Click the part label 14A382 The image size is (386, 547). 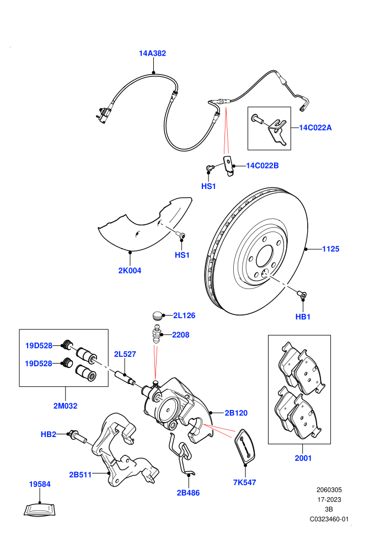click(152, 54)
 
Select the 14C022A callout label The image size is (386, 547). click(315, 128)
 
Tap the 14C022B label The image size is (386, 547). click(262, 166)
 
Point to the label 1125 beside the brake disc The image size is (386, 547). click(331, 249)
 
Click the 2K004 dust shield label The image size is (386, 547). click(130, 271)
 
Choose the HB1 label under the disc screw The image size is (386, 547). click(303, 317)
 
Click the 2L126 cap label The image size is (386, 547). click(185, 315)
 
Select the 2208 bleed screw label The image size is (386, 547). click(181, 335)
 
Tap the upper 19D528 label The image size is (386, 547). click(39, 346)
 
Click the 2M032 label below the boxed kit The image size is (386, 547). click(66, 406)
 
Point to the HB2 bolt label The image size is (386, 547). click(49, 434)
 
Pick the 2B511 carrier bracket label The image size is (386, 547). click(81, 475)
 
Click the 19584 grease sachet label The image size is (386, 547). click(40, 484)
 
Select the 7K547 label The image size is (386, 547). click(245, 482)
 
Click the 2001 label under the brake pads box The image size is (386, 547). click(303, 458)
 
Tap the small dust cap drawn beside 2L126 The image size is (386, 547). click(158, 315)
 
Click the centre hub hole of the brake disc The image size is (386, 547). click(265, 256)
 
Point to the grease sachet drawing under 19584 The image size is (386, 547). click(40, 509)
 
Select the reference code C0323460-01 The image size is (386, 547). click(329, 519)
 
